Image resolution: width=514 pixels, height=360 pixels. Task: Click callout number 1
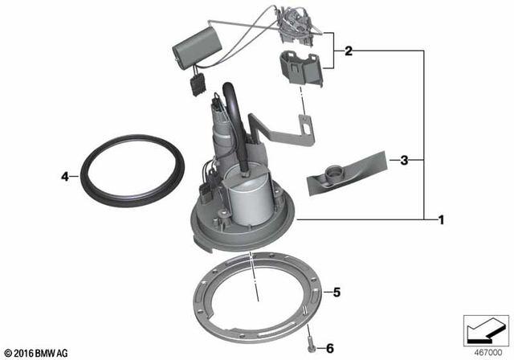[x=439, y=219]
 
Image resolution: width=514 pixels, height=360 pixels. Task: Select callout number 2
[x=348, y=51]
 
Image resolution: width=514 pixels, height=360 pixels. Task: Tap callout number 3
[x=405, y=160]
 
